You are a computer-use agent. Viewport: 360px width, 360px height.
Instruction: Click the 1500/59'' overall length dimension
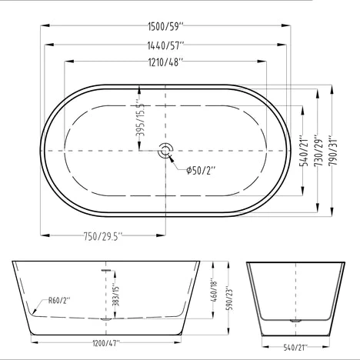pos(166,26)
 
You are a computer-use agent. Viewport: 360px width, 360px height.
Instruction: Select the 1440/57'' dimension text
pos(165,45)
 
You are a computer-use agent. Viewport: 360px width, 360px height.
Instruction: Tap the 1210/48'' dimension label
pos(165,62)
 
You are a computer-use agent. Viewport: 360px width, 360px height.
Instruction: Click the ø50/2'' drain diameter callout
pos(201,170)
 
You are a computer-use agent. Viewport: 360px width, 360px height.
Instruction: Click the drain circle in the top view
pos(165,151)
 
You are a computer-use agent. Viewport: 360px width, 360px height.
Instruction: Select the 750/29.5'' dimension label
pos(103,236)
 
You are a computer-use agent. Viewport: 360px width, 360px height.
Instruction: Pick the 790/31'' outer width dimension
pos(334,150)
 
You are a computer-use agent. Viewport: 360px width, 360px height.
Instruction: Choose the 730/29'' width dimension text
pos(319,151)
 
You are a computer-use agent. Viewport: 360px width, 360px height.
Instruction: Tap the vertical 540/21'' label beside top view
pos(305,151)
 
